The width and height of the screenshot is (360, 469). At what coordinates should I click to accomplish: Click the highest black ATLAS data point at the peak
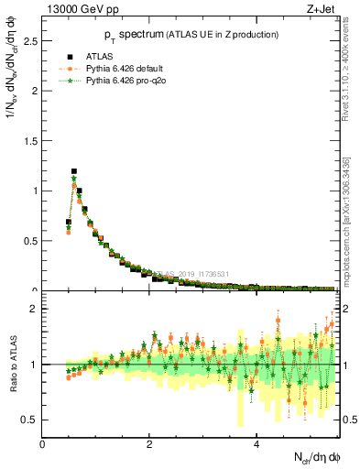point(74,171)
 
